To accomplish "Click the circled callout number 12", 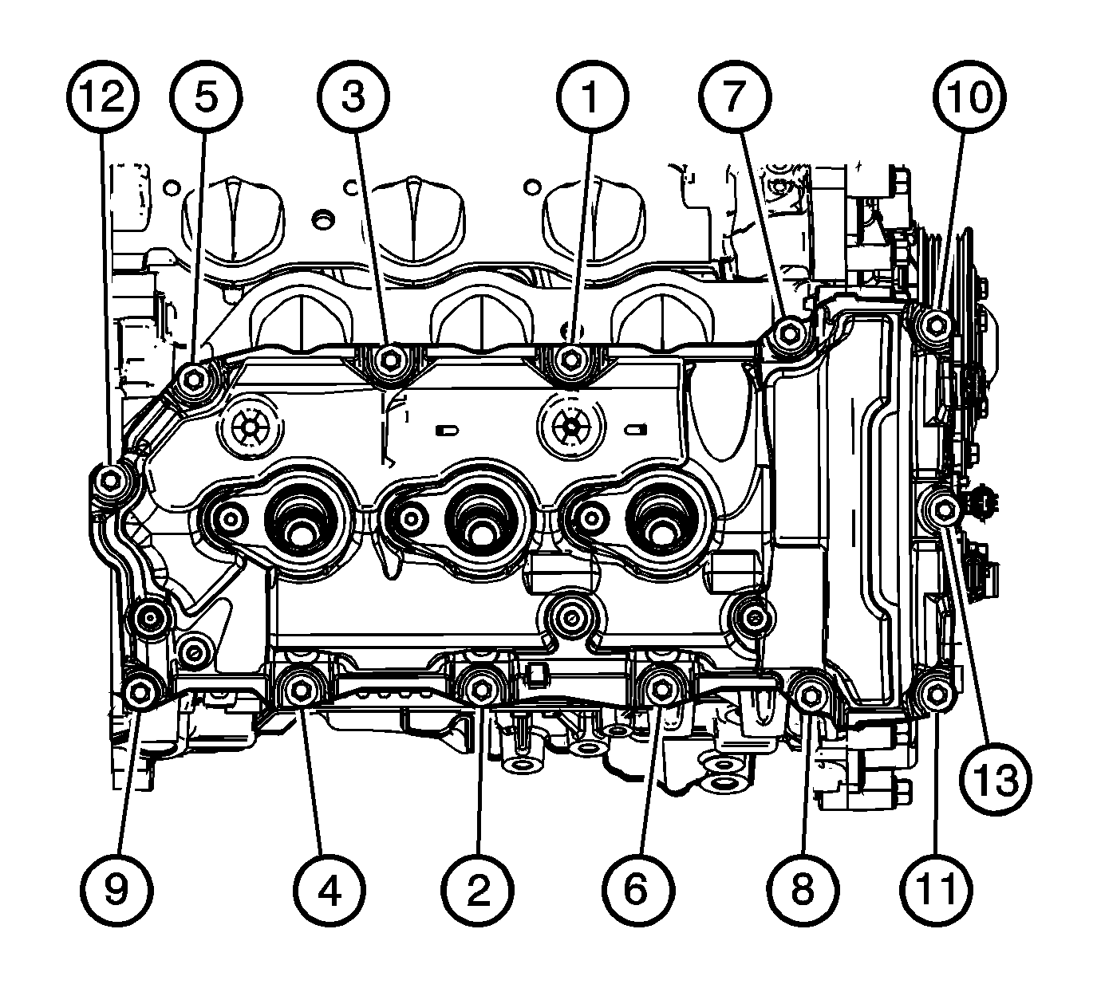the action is [103, 96].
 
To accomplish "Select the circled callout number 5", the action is [206, 96].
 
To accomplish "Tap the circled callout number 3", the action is [353, 96].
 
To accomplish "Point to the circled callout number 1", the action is [592, 96].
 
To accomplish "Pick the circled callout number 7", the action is [735, 96].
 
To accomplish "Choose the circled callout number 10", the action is [969, 96].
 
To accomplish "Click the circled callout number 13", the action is [995, 779].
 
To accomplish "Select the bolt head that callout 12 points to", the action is [111, 481].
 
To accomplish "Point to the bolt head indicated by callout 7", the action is [789, 332].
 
